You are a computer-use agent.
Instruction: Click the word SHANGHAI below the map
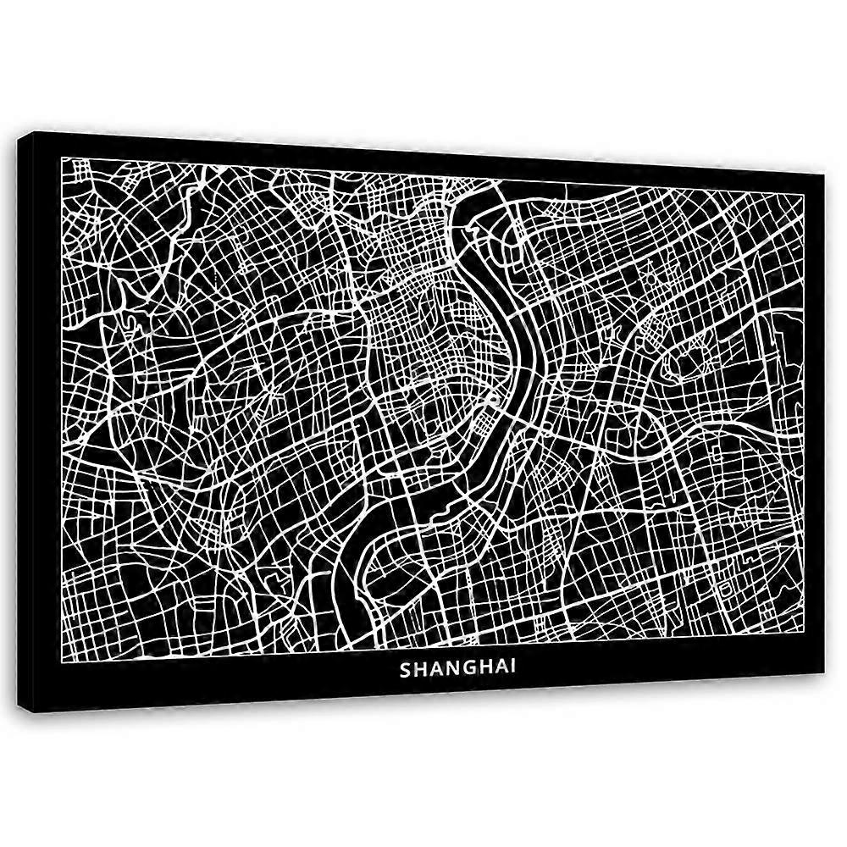pyautogui.click(x=457, y=669)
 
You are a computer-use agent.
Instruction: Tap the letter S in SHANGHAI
pyautogui.click(x=406, y=669)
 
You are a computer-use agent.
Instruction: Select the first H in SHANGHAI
pyautogui.click(x=421, y=669)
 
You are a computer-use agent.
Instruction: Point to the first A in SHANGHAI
pyautogui.click(x=437, y=669)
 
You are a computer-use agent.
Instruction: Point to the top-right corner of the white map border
pyautogui.click(x=803, y=194)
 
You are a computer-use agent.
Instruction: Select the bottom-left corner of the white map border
pyautogui.click(x=62, y=651)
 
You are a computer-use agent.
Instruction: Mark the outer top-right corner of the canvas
pyautogui.click(x=824, y=176)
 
